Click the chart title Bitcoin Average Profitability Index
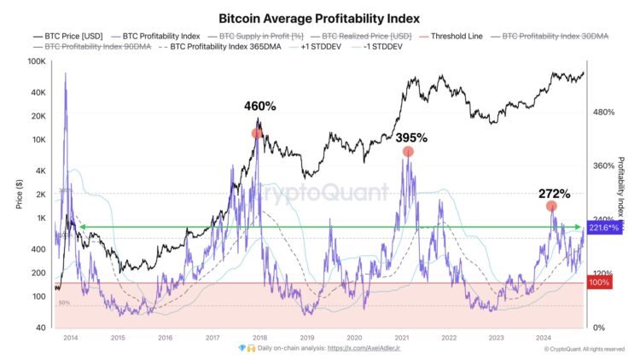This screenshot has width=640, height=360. click(x=320, y=17)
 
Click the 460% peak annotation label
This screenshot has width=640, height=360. click(x=260, y=107)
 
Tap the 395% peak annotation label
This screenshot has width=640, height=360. click(x=411, y=137)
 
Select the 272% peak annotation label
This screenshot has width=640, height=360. click(x=554, y=194)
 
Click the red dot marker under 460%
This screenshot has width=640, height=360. click(x=257, y=133)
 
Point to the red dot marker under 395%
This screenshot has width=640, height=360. click(x=409, y=152)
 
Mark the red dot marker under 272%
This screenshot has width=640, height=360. click(x=552, y=206)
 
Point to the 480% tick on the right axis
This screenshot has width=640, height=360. click(x=603, y=113)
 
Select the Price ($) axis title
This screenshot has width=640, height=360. click(x=16, y=195)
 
